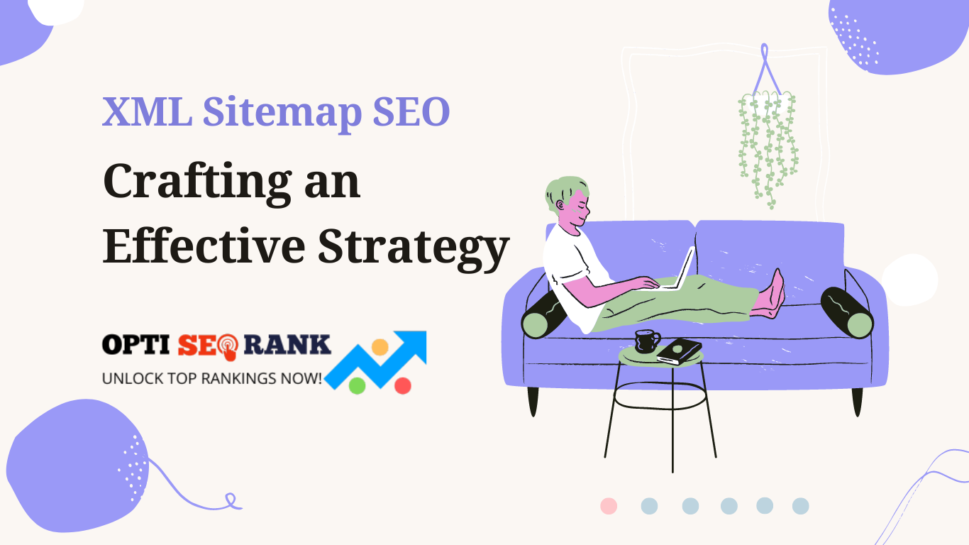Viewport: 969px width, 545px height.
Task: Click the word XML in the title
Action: [148, 111]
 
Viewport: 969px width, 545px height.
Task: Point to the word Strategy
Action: [414, 248]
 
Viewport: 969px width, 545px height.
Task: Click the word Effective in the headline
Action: [204, 245]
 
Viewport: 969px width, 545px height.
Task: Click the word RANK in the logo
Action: [287, 344]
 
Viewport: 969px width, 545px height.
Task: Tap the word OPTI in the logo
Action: [135, 345]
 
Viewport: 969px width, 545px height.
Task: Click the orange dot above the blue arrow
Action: [380, 347]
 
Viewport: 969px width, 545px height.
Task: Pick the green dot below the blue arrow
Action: [357, 386]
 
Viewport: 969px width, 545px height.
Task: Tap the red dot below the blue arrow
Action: [403, 386]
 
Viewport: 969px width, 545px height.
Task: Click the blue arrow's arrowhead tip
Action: [426, 332]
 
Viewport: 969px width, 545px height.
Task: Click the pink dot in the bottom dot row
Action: [609, 506]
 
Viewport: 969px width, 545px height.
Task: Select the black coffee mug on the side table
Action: [647, 341]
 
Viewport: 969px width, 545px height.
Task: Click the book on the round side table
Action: [679, 351]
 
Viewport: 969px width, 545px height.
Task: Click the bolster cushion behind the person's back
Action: [544, 315]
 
